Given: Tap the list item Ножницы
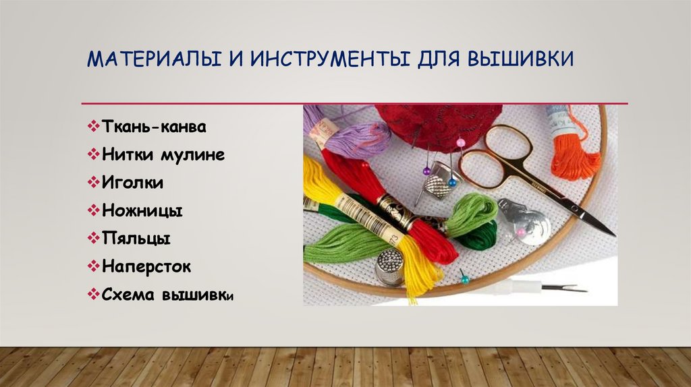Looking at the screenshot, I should [143, 211].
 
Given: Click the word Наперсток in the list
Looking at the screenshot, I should [147, 267].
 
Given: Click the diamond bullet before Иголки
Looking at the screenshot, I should [93, 183].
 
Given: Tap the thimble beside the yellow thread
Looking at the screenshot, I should [389, 266].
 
